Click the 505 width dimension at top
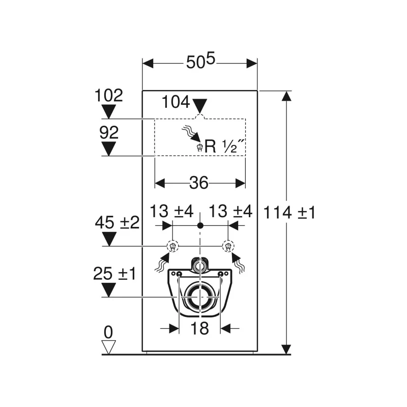pos(200,61)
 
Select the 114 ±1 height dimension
pos(289,213)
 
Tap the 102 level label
pos(109,95)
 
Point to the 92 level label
pos(109,132)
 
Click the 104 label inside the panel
pos(176,102)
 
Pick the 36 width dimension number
pos(199,183)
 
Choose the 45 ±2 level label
pos(118,223)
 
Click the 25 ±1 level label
pos(114,274)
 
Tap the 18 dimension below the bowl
pos(199,328)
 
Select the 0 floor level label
pos(108,332)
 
